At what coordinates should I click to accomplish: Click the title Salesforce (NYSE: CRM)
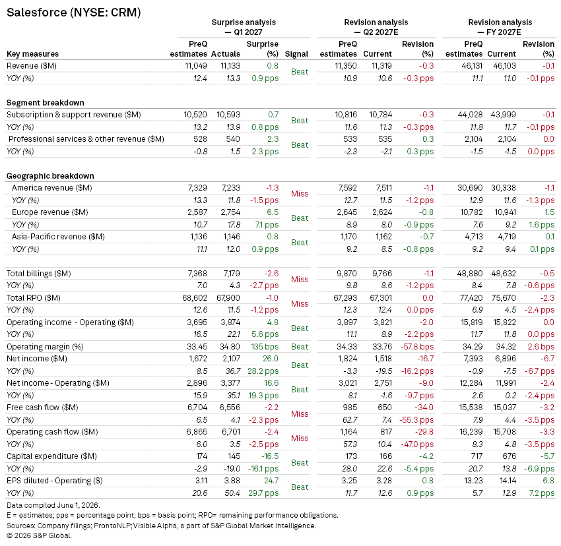[x=74, y=13]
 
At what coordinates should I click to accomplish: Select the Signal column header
[x=296, y=54]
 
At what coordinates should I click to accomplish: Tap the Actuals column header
[x=226, y=54]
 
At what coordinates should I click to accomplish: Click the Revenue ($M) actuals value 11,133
[x=230, y=66]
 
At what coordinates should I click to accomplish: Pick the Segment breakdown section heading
[x=46, y=103]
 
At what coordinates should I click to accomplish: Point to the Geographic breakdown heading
[x=50, y=176]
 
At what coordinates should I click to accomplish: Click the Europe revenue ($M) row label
[x=49, y=212]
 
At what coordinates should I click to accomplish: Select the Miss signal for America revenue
[x=300, y=194]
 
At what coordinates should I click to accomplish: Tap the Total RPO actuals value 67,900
[x=228, y=298]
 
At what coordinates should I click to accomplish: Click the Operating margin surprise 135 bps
[x=265, y=346]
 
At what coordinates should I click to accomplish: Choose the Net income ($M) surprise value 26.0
[x=271, y=359]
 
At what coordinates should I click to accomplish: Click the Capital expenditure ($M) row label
[x=51, y=456]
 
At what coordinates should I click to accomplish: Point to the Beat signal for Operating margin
[x=300, y=347]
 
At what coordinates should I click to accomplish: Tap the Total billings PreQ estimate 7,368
[x=197, y=274]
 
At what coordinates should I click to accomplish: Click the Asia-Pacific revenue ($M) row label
[x=58, y=236]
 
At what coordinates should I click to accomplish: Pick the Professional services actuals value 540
[x=233, y=139]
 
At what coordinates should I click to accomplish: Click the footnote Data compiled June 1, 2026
[x=53, y=505]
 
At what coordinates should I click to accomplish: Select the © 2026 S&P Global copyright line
[x=39, y=535]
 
